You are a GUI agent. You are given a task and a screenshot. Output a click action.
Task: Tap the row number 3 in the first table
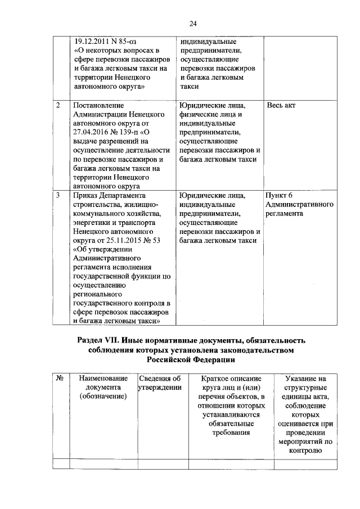pos(58,196)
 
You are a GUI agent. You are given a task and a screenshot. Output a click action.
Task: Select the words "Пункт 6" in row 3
pos(278,196)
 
